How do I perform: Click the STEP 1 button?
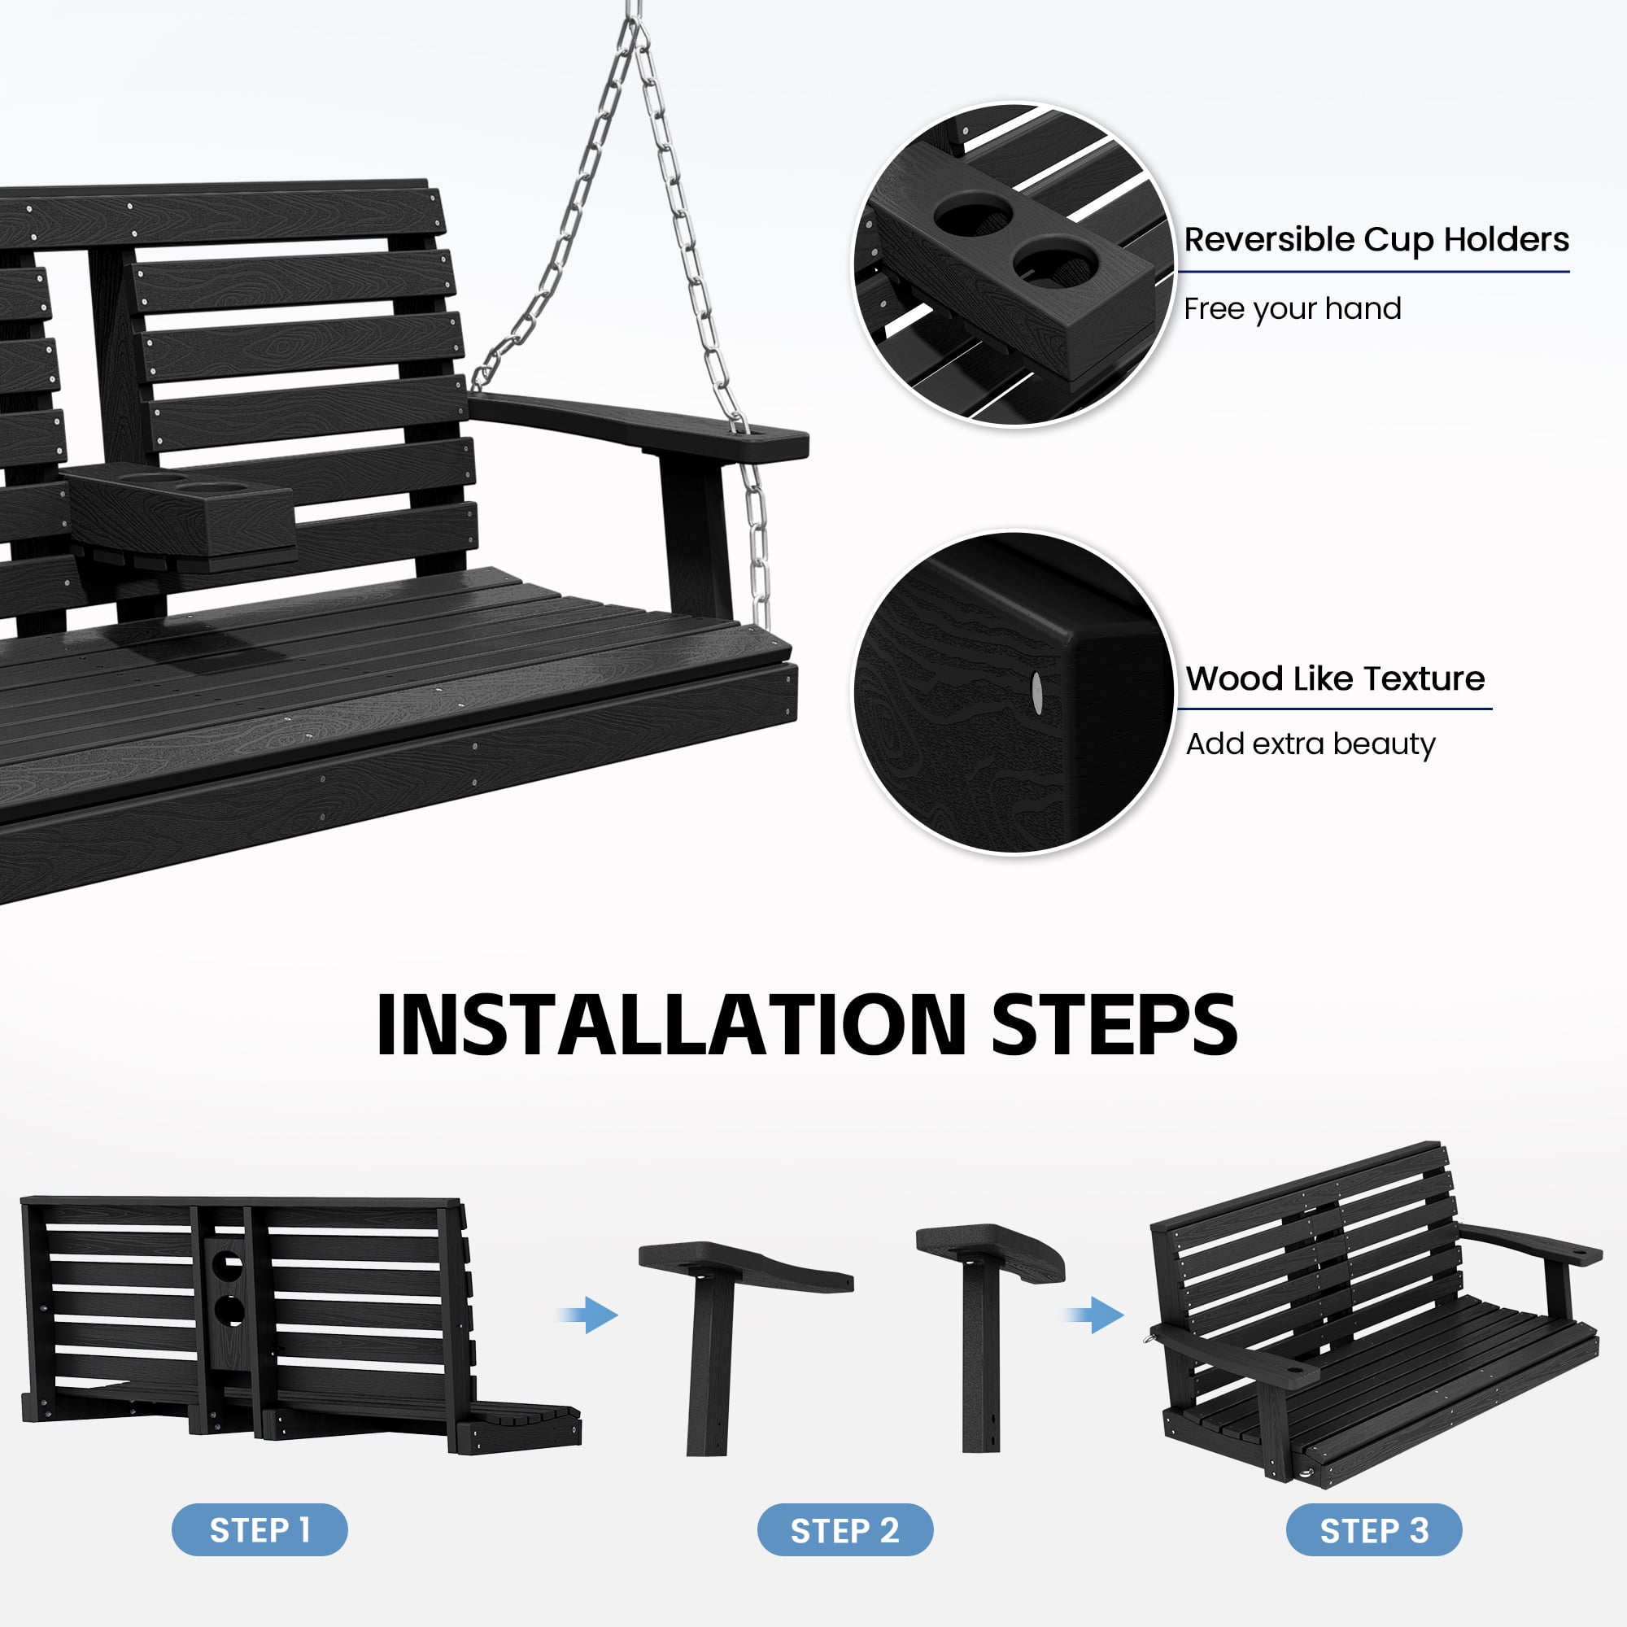click(x=260, y=1529)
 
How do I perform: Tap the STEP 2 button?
click(x=844, y=1529)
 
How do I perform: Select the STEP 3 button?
click(x=1373, y=1529)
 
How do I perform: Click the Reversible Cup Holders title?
click(x=1376, y=240)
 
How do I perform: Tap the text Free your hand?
click(x=1292, y=309)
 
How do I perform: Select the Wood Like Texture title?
click(x=1335, y=678)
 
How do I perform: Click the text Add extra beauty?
click(x=1311, y=744)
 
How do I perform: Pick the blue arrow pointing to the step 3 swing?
click(x=1095, y=1315)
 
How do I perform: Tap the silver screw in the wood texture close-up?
click(x=1036, y=691)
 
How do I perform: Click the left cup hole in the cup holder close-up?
click(x=975, y=217)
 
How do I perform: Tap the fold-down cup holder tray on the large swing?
click(x=181, y=513)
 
